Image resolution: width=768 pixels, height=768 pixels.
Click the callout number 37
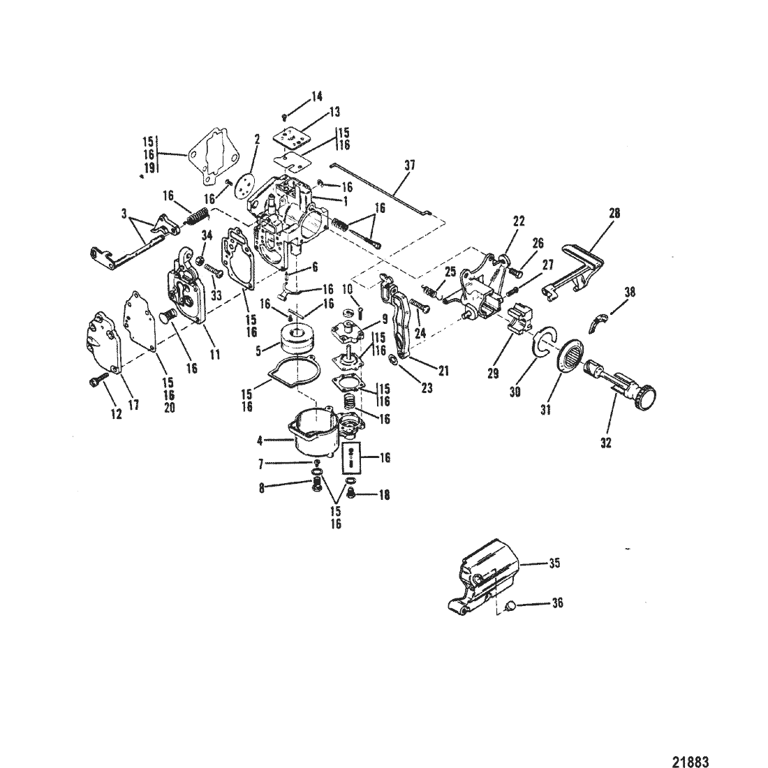click(x=409, y=165)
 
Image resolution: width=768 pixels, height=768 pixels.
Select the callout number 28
click(x=614, y=213)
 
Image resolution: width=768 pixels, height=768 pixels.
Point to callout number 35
click(x=554, y=563)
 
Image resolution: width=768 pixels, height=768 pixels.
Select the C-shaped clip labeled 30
click(x=540, y=342)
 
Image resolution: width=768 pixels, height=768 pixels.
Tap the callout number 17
click(x=133, y=404)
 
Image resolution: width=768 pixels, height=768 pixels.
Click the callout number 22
click(x=518, y=221)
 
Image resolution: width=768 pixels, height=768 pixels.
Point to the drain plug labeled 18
click(x=350, y=496)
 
